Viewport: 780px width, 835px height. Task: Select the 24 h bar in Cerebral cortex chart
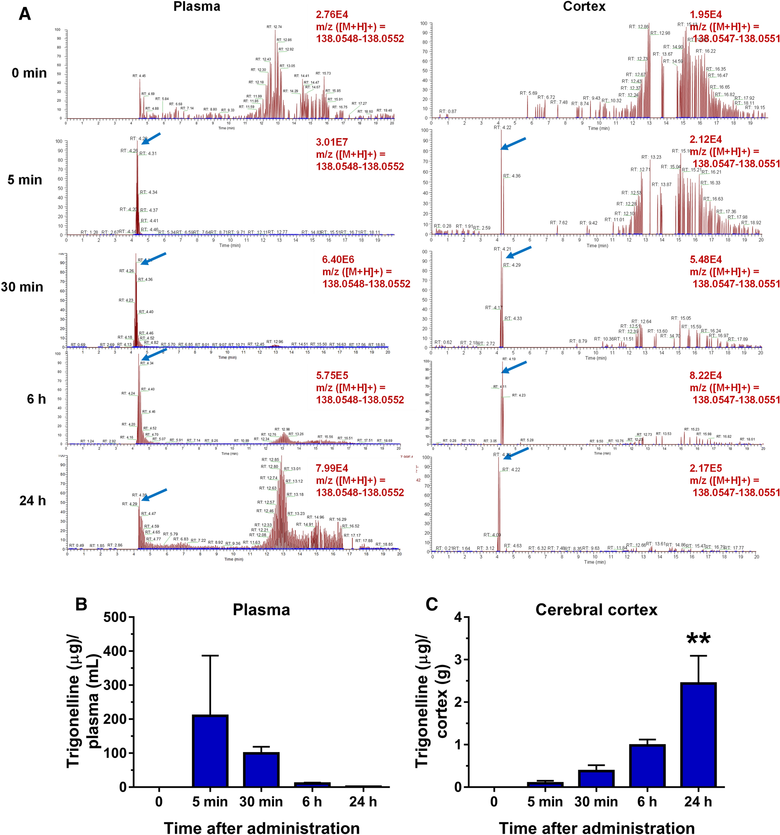pos(698,735)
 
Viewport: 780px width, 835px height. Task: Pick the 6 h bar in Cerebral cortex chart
pos(647,766)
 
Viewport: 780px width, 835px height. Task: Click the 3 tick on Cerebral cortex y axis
pos(458,660)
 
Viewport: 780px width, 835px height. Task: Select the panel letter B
pos(81,604)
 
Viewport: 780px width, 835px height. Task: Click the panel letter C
pos(432,604)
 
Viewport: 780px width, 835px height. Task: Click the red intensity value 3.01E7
pos(331,142)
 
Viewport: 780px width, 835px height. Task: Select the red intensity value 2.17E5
pos(706,468)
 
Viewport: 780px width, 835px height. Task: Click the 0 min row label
pos(29,73)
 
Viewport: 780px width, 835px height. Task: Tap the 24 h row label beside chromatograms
pos(32,501)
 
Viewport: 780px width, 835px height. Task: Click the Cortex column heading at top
pos(584,6)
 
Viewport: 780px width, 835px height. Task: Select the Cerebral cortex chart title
pos(596,610)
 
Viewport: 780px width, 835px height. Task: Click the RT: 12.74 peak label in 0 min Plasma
pos(274,27)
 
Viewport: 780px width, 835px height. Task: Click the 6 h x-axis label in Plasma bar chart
pos(312,802)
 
